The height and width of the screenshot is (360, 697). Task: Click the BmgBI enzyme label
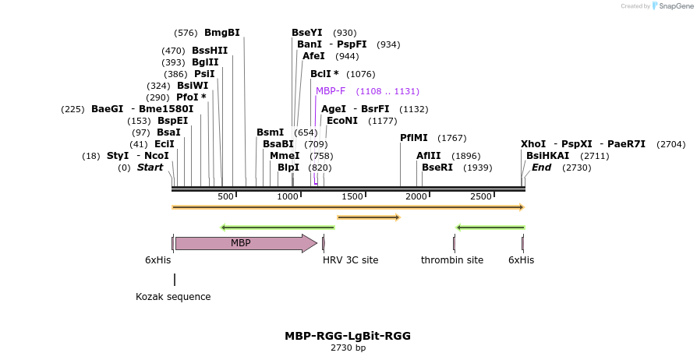pos(221,33)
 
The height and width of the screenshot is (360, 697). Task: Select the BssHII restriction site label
pos(210,51)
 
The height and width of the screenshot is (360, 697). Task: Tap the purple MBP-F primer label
pos(331,91)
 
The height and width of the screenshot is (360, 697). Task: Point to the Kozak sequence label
pos(173,297)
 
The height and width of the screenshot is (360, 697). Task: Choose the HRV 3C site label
pos(350,260)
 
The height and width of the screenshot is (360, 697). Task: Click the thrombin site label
pos(452,260)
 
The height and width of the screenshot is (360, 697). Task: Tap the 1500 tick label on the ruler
pos(352,196)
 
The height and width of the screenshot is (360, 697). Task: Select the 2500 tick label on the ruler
pos(480,196)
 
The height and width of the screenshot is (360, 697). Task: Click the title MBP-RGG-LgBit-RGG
pos(348,336)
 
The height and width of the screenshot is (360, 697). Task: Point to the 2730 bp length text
pos(348,348)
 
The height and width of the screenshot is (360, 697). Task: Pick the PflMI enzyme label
pos(415,138)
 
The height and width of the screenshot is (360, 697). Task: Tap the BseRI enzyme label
pos(437,168)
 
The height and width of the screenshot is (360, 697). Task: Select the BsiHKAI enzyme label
pos(547,156)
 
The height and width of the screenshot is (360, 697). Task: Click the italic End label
pos(541,168)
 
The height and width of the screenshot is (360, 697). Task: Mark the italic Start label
pos(150,168)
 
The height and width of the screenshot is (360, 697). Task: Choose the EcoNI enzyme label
pos(341,121)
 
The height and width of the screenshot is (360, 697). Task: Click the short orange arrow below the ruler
pos(368,217)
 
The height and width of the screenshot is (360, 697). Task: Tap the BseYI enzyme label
pos(306,33)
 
